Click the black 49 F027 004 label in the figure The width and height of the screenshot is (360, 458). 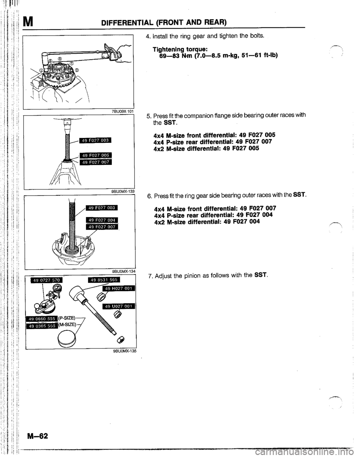coord(101,220)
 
